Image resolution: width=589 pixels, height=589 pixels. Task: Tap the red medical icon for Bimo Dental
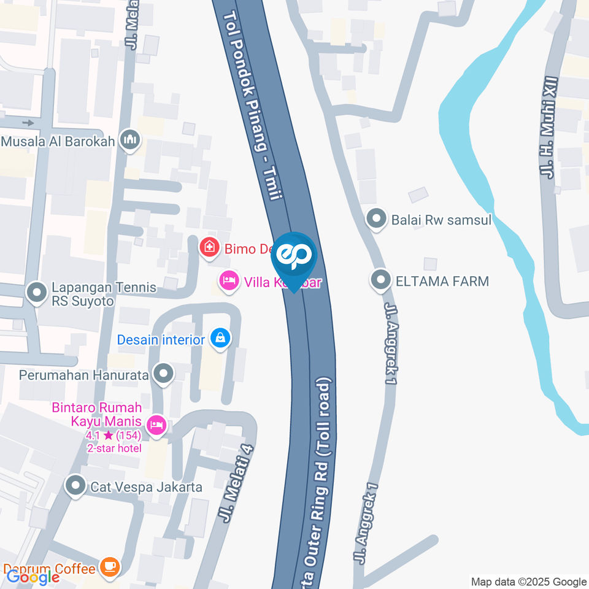[x=209, y=248]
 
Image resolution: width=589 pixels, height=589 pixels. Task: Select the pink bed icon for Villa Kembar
[x=229, y=281]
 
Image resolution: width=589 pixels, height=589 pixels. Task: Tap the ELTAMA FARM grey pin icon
[x=381, y=280]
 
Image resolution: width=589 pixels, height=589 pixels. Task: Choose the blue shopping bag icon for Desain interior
[x=219, y=338]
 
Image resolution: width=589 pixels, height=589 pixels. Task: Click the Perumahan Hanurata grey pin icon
[x=163, y=373]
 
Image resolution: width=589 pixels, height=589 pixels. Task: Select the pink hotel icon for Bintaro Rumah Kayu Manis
[x=157, y=423]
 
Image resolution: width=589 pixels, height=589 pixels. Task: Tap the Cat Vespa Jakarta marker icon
[x=75, y=487]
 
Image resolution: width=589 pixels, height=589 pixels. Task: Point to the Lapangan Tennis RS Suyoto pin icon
[x=37, y=292]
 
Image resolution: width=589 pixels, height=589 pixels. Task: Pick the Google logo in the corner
[x=33, y=577]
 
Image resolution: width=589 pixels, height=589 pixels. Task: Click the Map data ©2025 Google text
[x=529, y=582]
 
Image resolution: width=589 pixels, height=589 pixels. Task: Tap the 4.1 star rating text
[x=114, y=436]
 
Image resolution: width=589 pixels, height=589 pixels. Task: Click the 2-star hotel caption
[x=114, y=448]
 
